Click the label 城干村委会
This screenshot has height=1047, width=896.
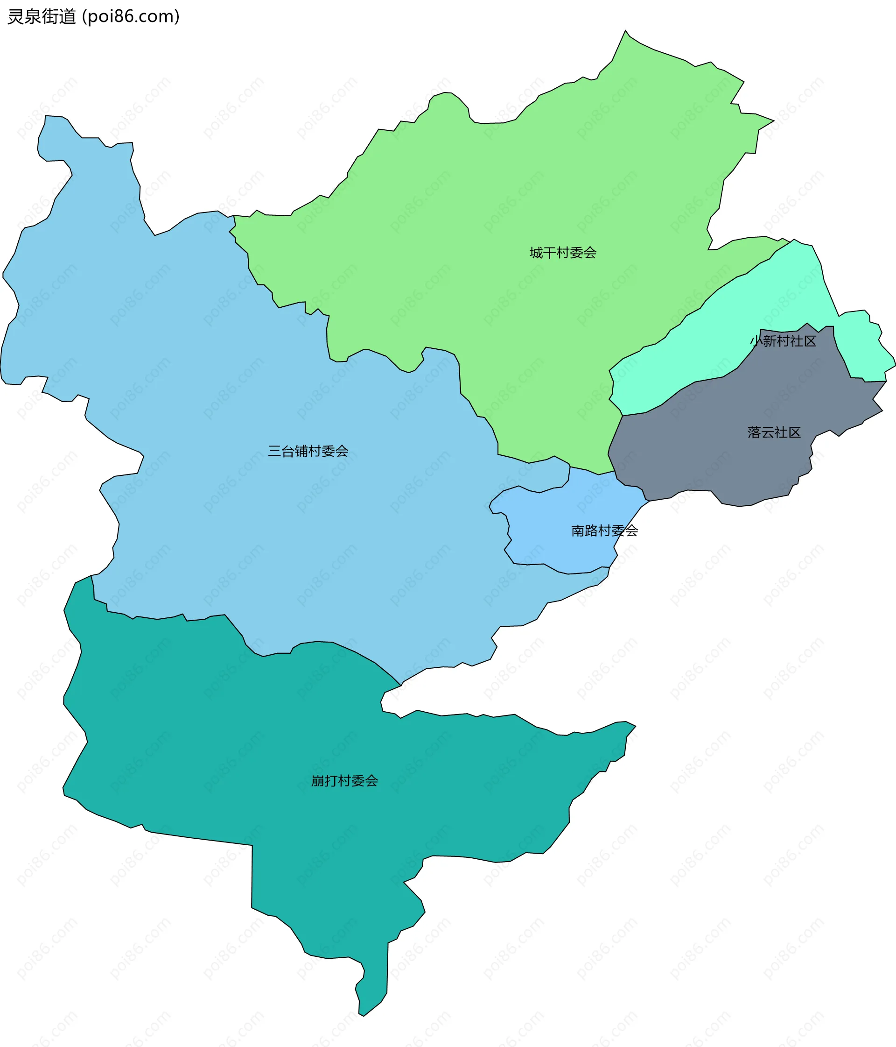(563, 253)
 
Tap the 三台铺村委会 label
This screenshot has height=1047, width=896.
(308, 451)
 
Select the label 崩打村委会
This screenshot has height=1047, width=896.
(344, 781)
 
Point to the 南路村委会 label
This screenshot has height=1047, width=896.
(605, 531)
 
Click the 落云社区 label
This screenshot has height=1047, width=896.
(774, 432)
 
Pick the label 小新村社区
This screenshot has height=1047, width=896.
(783, 341)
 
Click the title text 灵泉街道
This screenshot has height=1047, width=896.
(42, 17)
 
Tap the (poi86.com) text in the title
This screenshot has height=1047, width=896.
(131, 17)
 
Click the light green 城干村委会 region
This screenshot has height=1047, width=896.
(505, 202)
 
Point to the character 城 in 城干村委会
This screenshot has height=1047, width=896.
(536, 253)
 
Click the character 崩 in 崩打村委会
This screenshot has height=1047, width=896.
(318, 781)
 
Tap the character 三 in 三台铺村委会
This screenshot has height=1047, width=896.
(274, 451)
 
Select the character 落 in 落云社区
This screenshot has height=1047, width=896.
(754, 432)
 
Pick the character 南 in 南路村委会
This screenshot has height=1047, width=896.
(578, 531)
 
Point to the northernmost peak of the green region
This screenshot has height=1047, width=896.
(626, 33)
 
